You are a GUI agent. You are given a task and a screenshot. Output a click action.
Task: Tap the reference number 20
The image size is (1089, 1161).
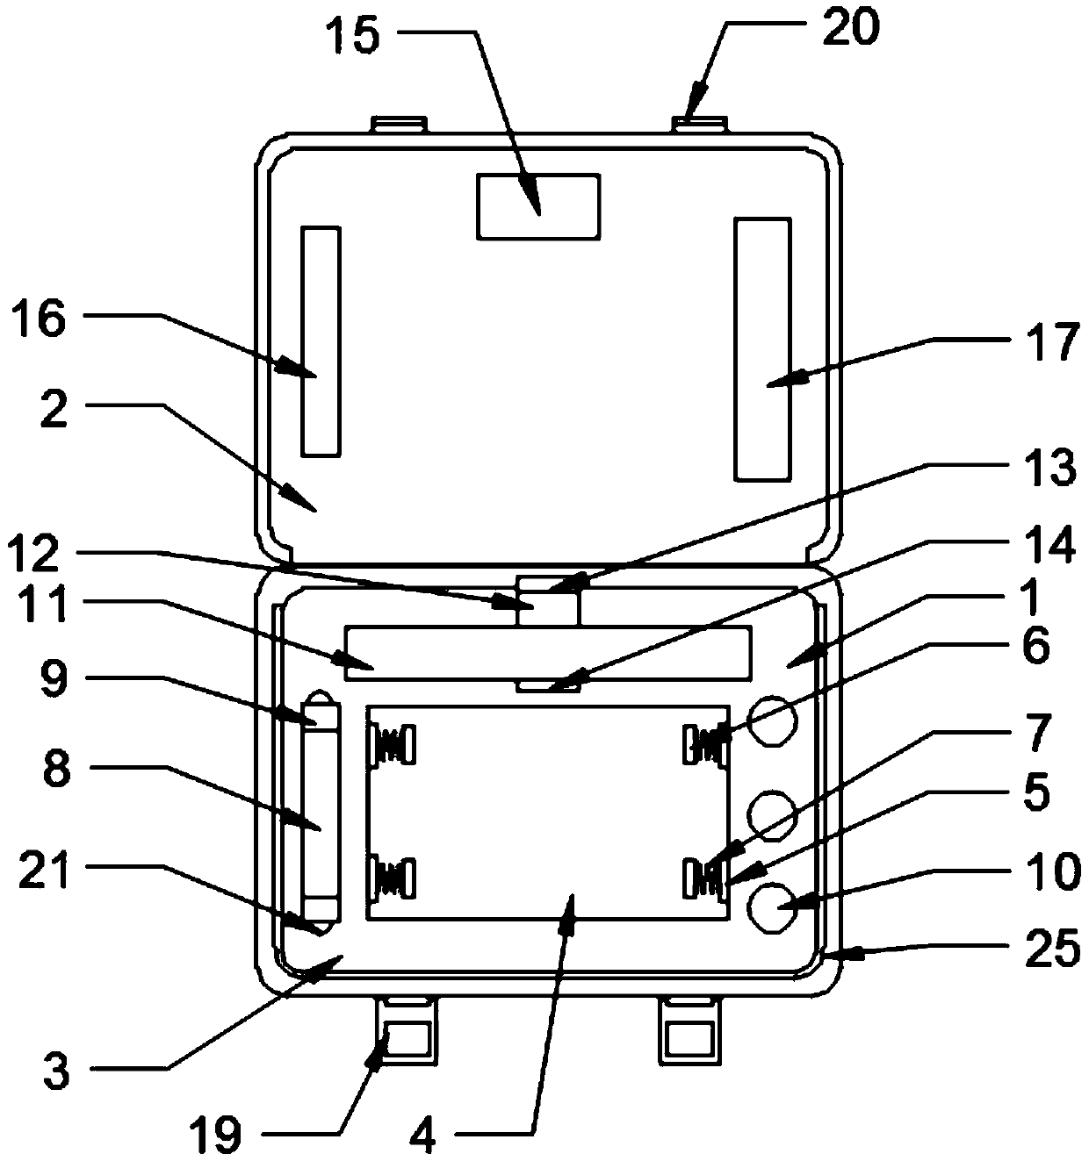849,28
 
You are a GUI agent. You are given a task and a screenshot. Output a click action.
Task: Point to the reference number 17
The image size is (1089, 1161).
1051,342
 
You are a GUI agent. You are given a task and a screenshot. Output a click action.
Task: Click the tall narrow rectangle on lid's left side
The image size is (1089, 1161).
320,341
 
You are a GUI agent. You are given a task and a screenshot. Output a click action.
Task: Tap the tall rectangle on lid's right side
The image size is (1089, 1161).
762,349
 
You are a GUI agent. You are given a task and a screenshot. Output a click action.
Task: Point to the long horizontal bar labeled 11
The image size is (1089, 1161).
548,653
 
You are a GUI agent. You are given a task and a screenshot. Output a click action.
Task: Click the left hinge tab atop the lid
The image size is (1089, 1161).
400,125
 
